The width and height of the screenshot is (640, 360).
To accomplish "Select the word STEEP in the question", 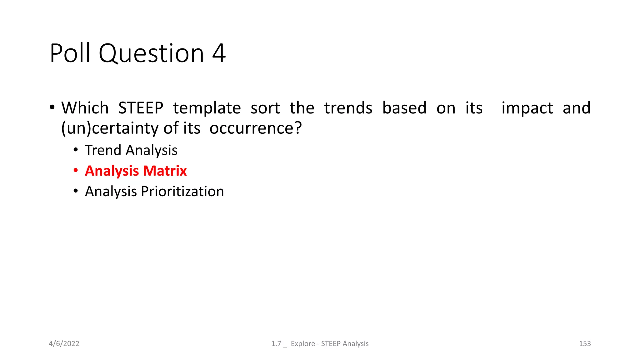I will (x=141, y=108).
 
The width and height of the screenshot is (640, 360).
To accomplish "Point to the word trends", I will (x=348, y=108).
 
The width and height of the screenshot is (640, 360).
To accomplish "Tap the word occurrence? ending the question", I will (x=256, y=128).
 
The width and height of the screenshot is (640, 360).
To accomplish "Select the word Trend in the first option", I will (x=103, y=150).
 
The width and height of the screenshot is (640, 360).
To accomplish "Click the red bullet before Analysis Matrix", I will (x=76, y=171).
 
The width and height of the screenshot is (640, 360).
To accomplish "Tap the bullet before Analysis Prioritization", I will (x=76, y=191).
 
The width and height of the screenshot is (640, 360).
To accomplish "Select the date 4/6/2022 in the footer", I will (x=64, y=344).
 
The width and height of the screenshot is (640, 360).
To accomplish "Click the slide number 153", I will (x=585, y=344).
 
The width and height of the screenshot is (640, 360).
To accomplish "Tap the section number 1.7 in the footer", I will (x=276, y=344).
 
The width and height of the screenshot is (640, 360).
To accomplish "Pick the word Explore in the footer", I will (x=303, y=344).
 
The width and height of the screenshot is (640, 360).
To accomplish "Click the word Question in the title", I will (x=151, y=53).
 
